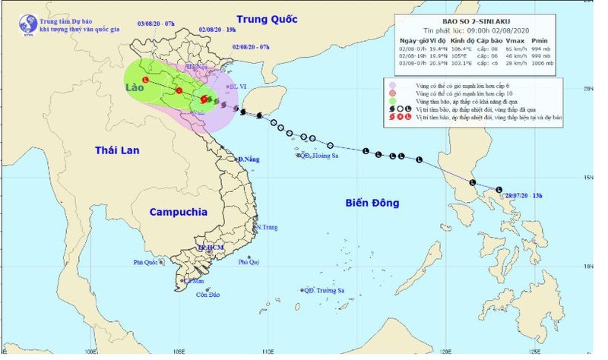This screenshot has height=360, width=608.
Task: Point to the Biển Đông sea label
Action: click(372, 203)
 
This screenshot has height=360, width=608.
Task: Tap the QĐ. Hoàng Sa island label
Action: click(318, 156)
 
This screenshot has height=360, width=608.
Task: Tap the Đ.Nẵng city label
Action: click(249, 159)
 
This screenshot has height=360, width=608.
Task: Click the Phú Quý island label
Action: click(249, 262)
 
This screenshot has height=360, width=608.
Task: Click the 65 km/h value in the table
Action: click(536, 48)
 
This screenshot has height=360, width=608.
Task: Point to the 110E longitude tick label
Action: click(268, 352)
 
